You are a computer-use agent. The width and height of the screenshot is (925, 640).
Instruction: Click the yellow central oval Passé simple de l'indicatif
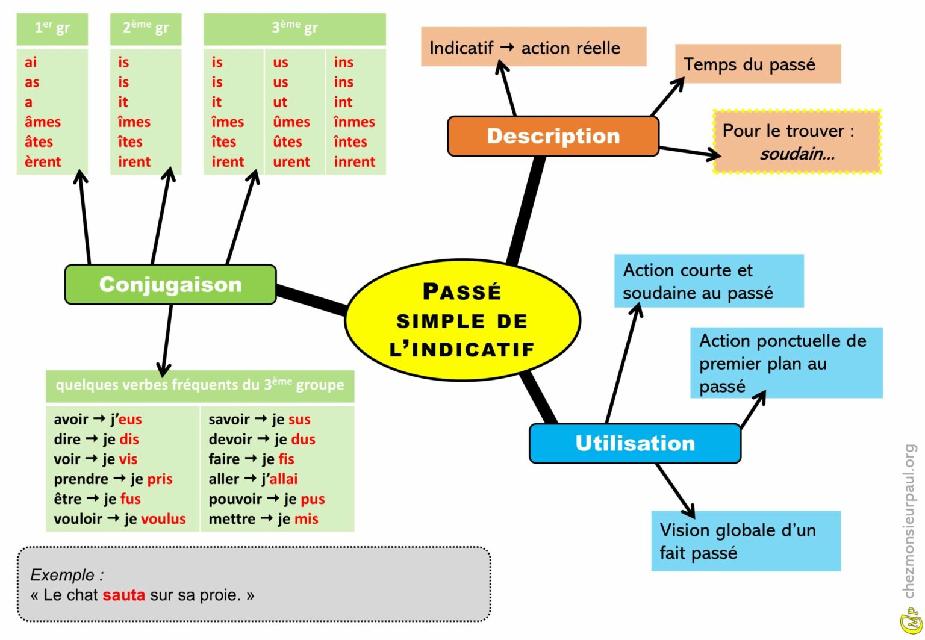click(462, 320)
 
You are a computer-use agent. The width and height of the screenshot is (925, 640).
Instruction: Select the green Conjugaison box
click(170, 284)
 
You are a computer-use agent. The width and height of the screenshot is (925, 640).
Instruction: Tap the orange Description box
click(553, 136)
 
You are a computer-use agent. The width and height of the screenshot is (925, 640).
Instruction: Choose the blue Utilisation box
click(635, 443)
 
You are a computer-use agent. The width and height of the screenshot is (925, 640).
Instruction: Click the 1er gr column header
click(52, 28)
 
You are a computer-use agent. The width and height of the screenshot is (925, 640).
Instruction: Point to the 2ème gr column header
click(146, 28)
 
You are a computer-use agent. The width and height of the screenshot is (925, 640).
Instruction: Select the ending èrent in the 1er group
click(43, 162)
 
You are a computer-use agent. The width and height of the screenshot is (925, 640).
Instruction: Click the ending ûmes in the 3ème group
click(291, 122)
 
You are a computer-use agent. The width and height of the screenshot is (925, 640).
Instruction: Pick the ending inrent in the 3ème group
click(355, 162)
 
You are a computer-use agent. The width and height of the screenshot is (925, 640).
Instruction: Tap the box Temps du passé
click(757, 64)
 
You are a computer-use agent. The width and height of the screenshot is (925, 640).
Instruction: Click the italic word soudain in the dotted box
click(797, 154)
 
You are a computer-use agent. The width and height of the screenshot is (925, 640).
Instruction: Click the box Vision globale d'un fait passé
click(745, 541)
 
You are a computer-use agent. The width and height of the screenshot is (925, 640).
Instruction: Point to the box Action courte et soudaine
click(708, 281)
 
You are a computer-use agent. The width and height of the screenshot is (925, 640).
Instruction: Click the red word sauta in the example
click(123, 595)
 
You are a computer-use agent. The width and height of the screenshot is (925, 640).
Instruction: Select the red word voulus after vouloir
click(163, 519)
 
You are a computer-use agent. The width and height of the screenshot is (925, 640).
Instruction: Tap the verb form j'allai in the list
click(279, 479)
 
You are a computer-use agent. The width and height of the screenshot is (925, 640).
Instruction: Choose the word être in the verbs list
click(67, 499)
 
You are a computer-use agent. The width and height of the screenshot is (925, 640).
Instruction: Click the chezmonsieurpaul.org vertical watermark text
click(909, 521)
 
